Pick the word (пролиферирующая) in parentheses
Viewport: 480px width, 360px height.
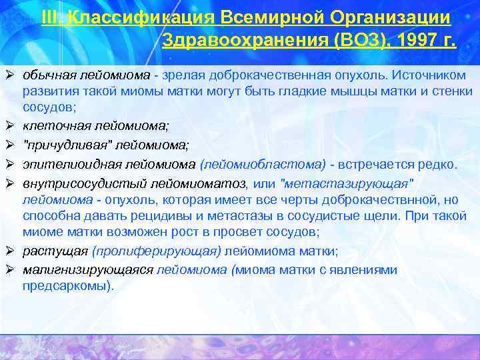point(157,251)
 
